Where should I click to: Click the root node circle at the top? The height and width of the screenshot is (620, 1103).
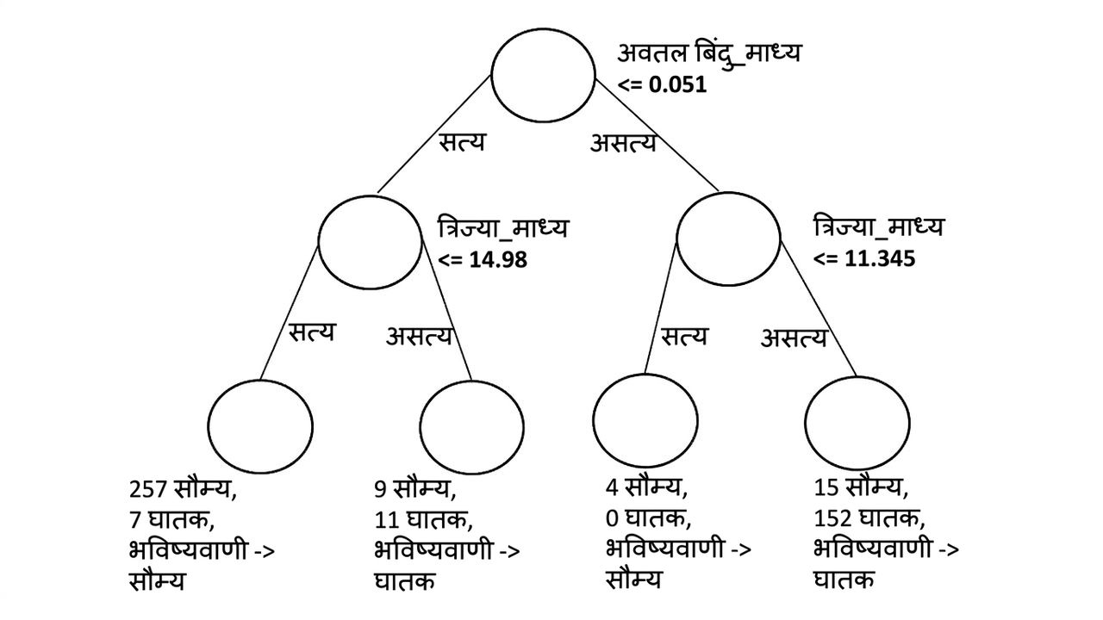coord(543,28)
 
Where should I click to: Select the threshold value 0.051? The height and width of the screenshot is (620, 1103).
coord(677,84)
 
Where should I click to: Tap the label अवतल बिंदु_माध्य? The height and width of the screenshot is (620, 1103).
coord(709,54)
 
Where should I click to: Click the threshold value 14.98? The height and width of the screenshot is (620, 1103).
coord(498,259)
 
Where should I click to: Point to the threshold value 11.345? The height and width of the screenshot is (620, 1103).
coord(880,258)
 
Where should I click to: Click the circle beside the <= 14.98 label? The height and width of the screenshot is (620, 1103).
coord(370,195)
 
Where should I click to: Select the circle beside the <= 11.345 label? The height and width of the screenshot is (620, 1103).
coord(728,193)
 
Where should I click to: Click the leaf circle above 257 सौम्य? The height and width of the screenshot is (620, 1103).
coord(260,380)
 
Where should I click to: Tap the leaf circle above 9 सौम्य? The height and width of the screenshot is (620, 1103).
coord(471,381)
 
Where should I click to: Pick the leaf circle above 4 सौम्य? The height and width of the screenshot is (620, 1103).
coord(645,374)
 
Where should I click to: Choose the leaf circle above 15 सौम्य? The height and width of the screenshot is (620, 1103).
coord(857,377)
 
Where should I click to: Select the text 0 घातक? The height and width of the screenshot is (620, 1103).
coord(649,518)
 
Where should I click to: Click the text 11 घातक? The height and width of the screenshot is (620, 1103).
coord(423,519)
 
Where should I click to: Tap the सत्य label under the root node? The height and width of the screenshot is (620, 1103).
coord(462,142)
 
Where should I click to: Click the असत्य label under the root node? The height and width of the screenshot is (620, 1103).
coord(623,143)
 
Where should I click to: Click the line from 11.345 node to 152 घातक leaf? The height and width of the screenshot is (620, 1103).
coord(819,308)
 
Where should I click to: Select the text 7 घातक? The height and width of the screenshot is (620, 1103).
coord(171,519)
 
